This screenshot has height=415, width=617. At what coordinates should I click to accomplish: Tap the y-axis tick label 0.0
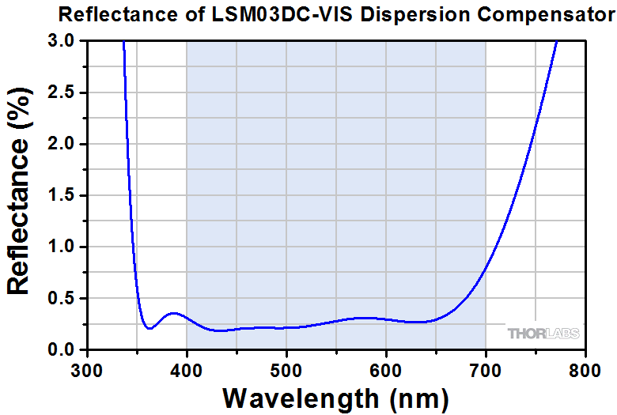click(x=61, y=350)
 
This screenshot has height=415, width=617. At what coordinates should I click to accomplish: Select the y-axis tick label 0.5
click(x=61, y=299)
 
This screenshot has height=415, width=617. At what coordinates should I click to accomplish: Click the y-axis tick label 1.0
click(x=61, y=247)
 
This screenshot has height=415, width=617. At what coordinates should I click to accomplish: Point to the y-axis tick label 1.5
click(x=61, y=195)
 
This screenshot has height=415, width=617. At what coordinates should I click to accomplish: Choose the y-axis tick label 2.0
click(x=61, y=144)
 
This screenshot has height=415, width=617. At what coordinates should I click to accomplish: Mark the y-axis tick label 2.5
click(x=61, y=92)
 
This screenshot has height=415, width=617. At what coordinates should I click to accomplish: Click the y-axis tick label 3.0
click(x=61, y=41)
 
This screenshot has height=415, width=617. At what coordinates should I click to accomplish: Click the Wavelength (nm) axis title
click(x=336, y=397)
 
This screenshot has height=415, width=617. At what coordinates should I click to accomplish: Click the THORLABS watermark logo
click(x=543, y=334)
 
